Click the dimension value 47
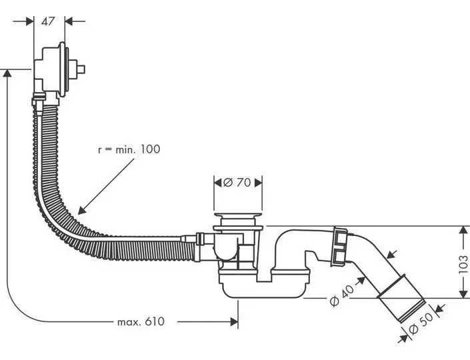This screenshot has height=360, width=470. click(x=48, y=21)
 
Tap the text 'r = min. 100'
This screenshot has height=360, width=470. click(x=129, y=149)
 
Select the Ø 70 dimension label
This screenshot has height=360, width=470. click(x=237, y=182)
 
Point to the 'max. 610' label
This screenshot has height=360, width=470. click(x=141, y=322)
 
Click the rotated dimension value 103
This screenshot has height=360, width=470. click(x=463, y=264)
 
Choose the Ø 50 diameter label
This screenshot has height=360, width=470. click(x=421, y=323)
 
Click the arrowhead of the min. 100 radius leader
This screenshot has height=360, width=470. click(x=81, y=211)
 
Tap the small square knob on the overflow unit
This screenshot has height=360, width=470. click(x=81, y=69)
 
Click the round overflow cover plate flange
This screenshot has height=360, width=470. click(x=63, y=69)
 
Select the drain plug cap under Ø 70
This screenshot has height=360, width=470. click(x=238, y=215)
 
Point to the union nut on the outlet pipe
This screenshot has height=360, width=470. click(x=339, y=247)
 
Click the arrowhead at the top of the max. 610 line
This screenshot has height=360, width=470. click(x=7, y=73)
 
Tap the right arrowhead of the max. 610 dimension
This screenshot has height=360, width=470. click(x=235, y=322)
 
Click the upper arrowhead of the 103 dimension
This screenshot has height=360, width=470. click(x=463, y=230)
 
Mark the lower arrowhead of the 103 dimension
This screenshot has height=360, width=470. click(x=463, y=294)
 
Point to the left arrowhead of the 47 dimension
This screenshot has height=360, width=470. click(x=29, y=21)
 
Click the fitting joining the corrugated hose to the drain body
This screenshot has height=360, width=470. click(x=205, y=246)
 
